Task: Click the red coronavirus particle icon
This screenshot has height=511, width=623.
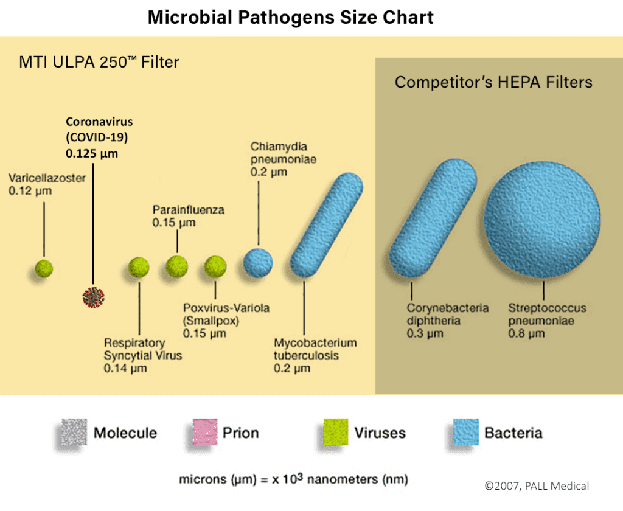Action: [x=94, y=296]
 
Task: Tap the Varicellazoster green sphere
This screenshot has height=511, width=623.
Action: [x=44, y=267]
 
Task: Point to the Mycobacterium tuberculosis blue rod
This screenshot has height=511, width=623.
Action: [x=326, y=226]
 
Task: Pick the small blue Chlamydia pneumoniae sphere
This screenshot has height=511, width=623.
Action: [x=258, y=262]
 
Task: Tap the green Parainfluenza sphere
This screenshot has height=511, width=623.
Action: [x=177, y=266]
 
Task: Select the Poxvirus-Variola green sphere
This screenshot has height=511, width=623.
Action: [x=215, y=267]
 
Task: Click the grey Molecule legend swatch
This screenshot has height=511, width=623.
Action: [x=74, y=433]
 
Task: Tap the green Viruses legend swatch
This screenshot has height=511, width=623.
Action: [x=334, y=433]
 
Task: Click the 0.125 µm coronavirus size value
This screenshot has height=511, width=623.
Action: [x=92, y=153]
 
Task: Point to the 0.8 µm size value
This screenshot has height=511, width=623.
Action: [x=526, y=334]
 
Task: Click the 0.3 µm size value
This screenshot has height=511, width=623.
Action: [x=425, y=334]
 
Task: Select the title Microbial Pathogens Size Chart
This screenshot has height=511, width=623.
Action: [x=291, y=17]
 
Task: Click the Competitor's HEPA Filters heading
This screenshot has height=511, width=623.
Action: [x=493, y=82]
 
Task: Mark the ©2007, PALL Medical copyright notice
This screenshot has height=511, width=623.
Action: [x=537, y=485]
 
